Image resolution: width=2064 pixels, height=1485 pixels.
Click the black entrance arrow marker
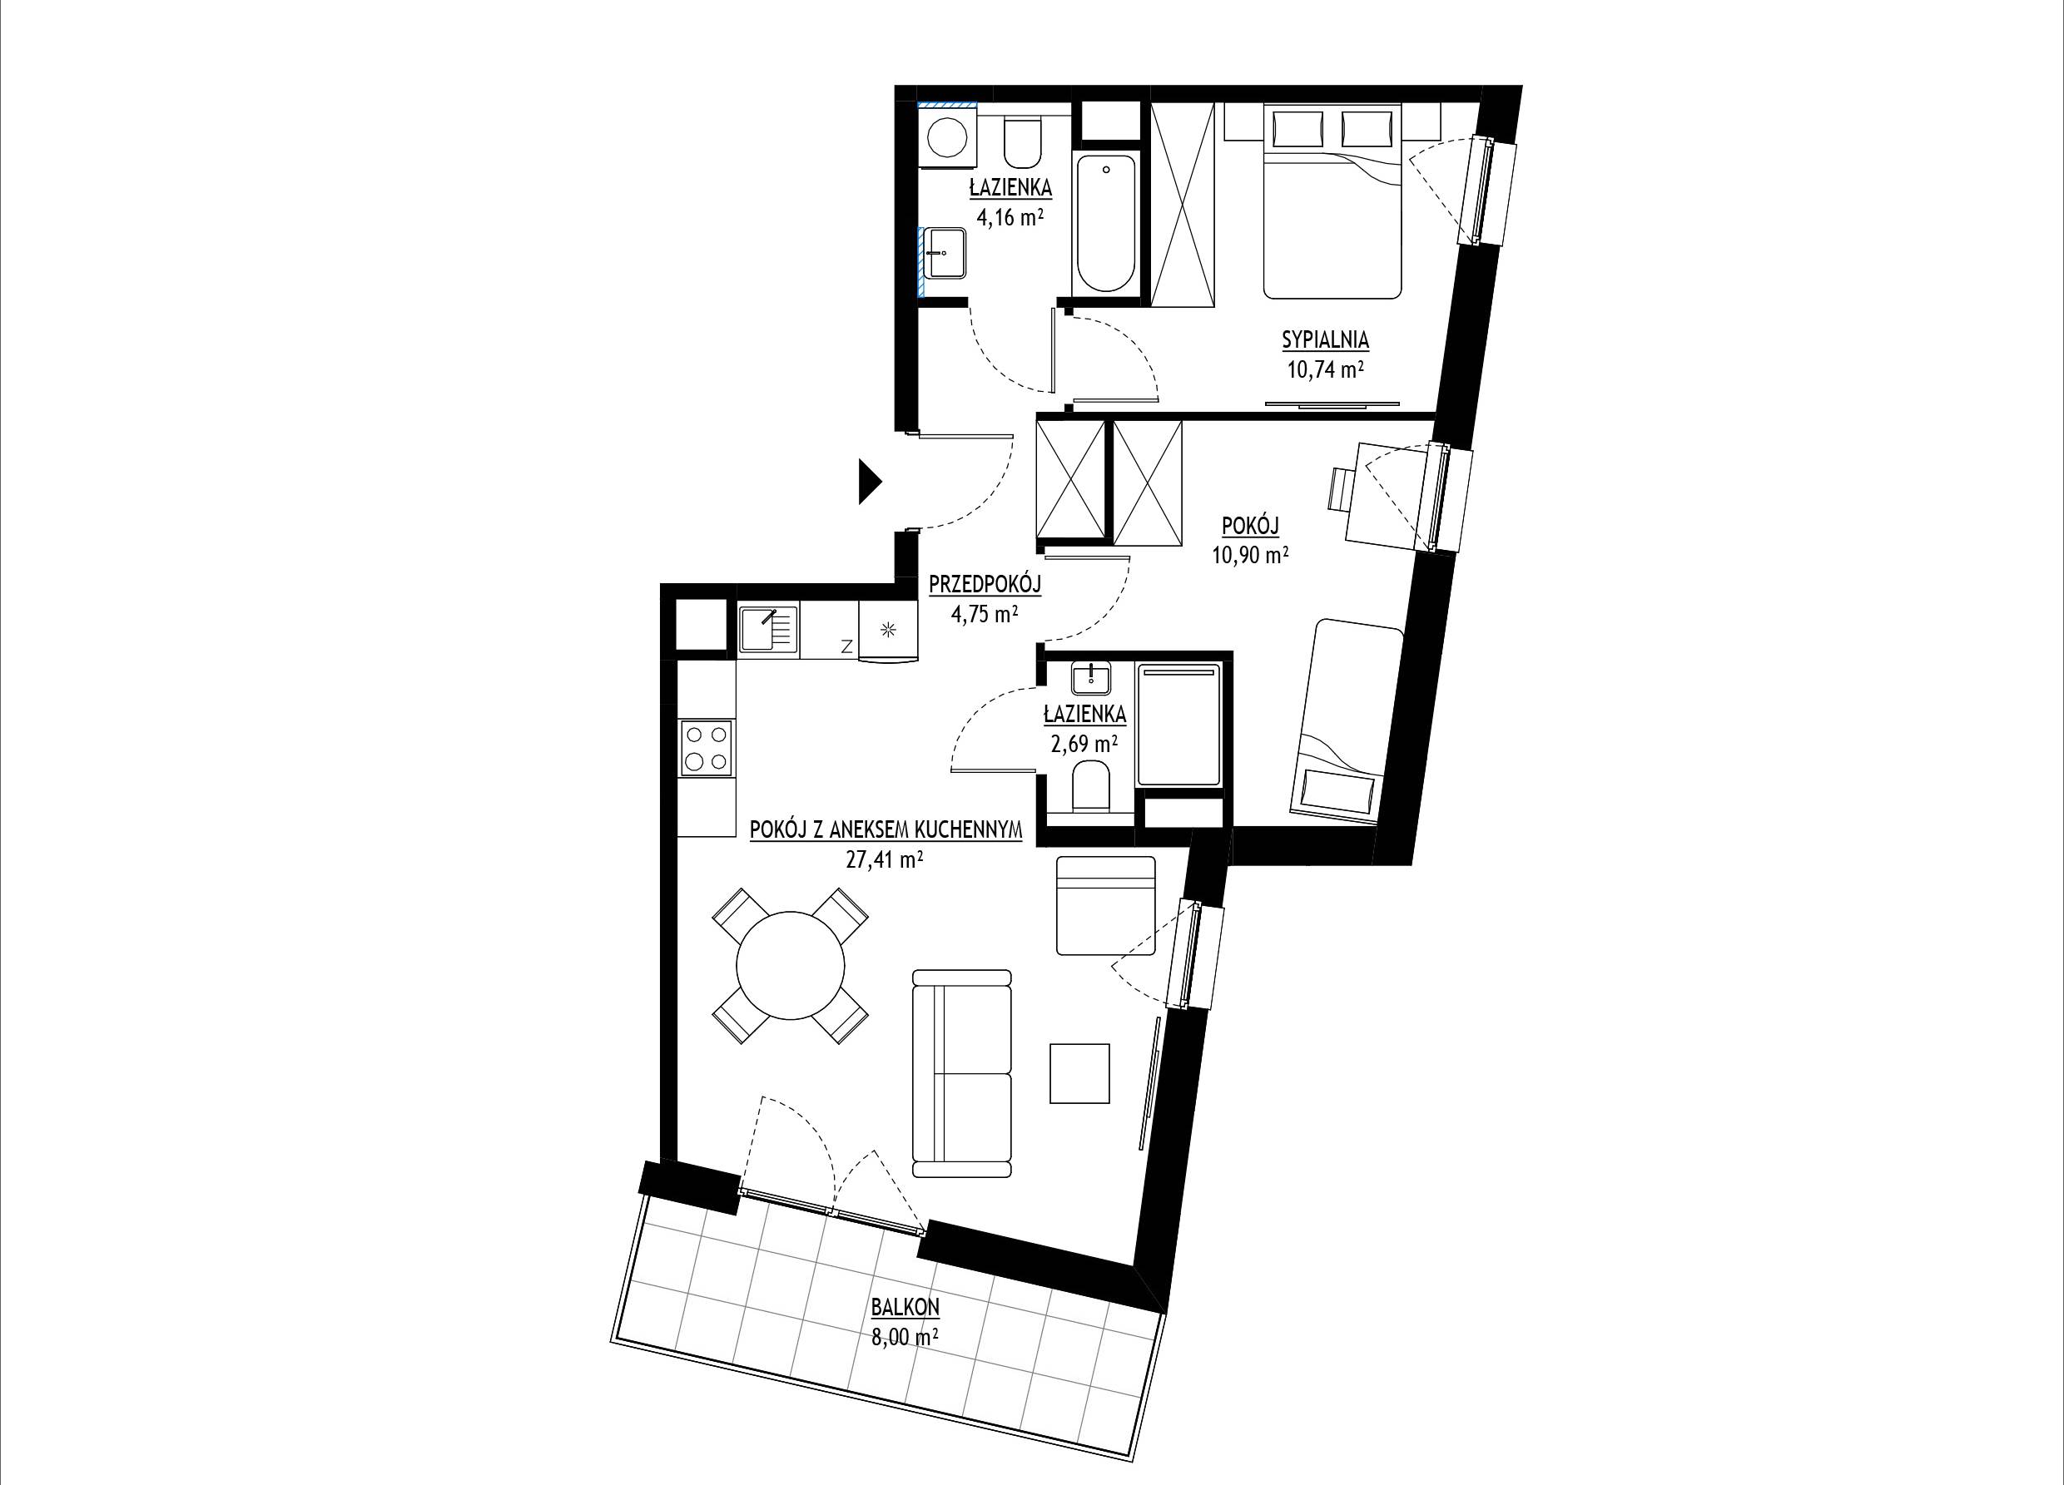[870, 482]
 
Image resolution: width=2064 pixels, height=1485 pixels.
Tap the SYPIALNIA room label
[1325, 340]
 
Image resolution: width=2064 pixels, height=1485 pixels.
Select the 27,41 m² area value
[885, 861]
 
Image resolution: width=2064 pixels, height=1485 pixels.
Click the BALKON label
[905, 1308]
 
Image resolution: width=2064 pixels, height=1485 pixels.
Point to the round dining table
[790, 967]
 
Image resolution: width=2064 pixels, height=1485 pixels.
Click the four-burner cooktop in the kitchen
[707, 748]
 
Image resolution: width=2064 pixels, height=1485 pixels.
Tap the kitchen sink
[767, 631]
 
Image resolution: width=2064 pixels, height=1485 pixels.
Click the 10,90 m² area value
[1249, 555]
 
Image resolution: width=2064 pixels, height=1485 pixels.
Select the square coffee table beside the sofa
[1080, 1073]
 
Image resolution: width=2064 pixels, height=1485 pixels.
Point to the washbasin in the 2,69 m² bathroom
[1091, 679]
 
